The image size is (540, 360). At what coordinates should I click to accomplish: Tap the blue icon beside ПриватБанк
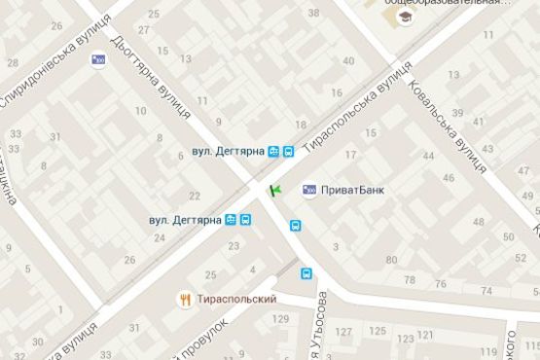coord(309,190)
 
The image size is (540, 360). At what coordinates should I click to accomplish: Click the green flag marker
coord(275,188)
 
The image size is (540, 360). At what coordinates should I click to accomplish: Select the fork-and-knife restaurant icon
coord(184,299)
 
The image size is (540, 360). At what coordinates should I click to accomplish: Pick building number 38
coord(313,13)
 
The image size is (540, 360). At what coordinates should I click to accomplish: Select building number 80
coord(391,260)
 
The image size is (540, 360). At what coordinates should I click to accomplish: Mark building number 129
coord(281,319)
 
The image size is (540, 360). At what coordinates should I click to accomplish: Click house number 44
coord(428,156)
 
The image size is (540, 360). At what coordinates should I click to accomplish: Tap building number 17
coord(351,155)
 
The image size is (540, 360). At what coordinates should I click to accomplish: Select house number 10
coord(142,112)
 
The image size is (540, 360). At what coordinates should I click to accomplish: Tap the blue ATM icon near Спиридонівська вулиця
coord(97,60)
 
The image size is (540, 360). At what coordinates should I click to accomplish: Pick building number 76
coord(443,284)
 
